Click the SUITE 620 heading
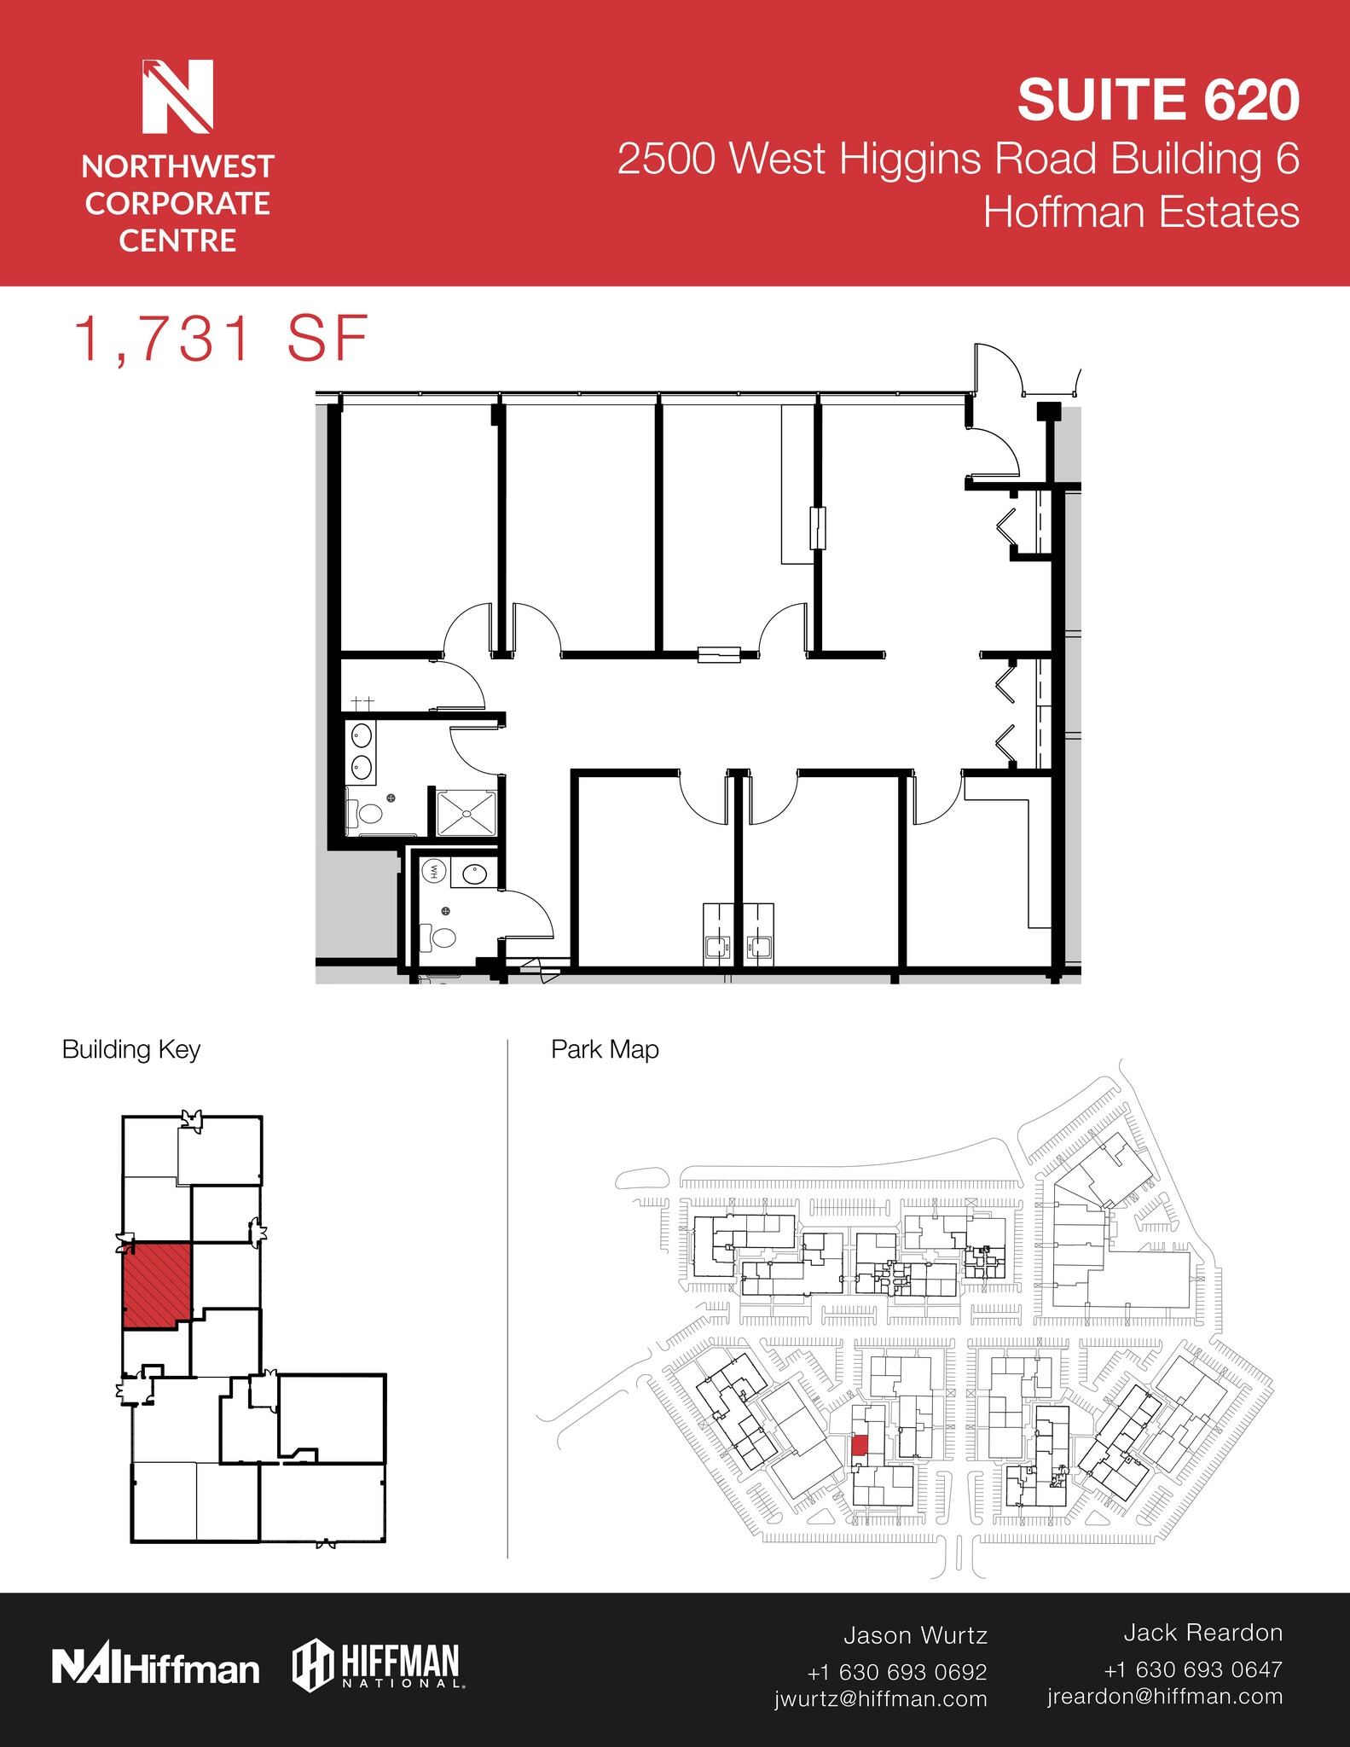[x=1157, y=101]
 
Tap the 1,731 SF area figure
[x=222, y=340]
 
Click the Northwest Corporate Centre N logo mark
[x=177, y=96]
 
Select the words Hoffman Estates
[x=1141, y=212]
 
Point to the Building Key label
[x=131, y=1049]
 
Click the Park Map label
[x=605, y=1049]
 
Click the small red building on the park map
[x=860, y=1445]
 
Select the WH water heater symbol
[x=433, y=871]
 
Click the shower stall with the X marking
[x=466, y=813]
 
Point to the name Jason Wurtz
[x=915, y=1635]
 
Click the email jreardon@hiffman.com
[x=1165, y=1696]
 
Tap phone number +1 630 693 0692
[x=897, y=1671]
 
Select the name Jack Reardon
[x=1202, y=1633]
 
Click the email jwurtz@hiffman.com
[x=881, y=1698]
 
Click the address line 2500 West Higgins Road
[x=958, y=159]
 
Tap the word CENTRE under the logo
[x=177, y=241]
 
